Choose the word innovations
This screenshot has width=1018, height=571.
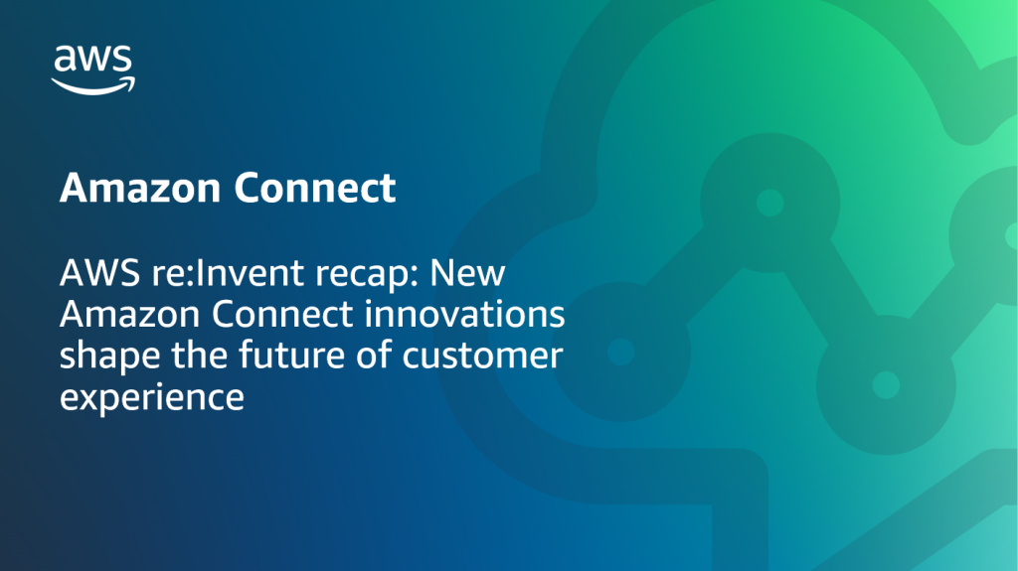[x=465, y=315]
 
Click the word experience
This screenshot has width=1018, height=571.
[x=151, y=398]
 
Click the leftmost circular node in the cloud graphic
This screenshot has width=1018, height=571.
[x=620, y=351]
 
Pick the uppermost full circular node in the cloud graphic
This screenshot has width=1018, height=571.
[x=768, y=203]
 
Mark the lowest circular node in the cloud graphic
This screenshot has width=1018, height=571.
[x=881, y=381]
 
